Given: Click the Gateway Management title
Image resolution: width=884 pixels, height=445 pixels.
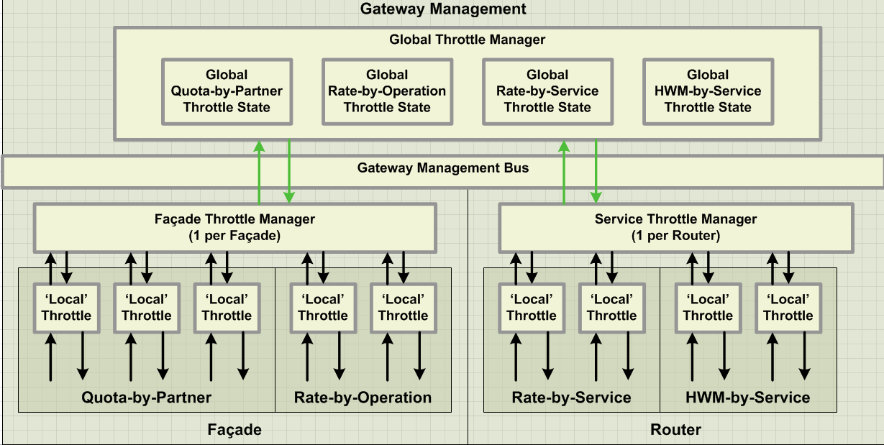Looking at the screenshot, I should click(443, 9).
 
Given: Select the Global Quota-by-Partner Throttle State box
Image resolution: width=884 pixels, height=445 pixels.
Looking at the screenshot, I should click(227, 91).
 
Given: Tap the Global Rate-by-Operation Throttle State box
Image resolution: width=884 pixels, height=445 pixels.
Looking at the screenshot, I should click(387, 91).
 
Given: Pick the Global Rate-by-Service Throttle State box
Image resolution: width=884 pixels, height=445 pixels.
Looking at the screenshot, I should click(547, 91).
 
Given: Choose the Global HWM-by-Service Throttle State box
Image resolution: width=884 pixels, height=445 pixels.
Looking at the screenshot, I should click(708, 91).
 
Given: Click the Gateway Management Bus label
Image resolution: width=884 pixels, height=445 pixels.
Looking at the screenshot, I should click(443, 168).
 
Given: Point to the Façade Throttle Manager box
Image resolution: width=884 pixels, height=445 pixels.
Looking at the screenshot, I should click(235, 227).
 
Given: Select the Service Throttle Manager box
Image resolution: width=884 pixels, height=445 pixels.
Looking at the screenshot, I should click(675, 227).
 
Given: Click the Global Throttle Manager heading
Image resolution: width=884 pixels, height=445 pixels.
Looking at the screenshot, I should click(468, 40).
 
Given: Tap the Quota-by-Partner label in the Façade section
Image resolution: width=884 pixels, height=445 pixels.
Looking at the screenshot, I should click(147, 398).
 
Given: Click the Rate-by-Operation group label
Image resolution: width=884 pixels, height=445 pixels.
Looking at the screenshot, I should click(363, 398).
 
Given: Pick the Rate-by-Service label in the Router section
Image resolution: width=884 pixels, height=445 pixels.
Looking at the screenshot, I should click(572, 398).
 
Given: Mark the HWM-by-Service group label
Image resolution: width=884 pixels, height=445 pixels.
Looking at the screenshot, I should click(748, 398).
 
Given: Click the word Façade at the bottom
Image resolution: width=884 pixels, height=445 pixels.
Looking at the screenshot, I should click(234, 430).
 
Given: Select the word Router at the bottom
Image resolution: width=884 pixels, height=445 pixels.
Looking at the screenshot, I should click(675, 430).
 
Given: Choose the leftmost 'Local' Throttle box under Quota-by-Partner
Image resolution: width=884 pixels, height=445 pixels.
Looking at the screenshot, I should click(66, 308).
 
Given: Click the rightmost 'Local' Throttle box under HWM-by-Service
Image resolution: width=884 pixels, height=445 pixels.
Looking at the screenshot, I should click(788, 308).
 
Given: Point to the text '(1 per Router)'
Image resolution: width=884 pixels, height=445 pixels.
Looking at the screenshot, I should click(675, 235).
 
